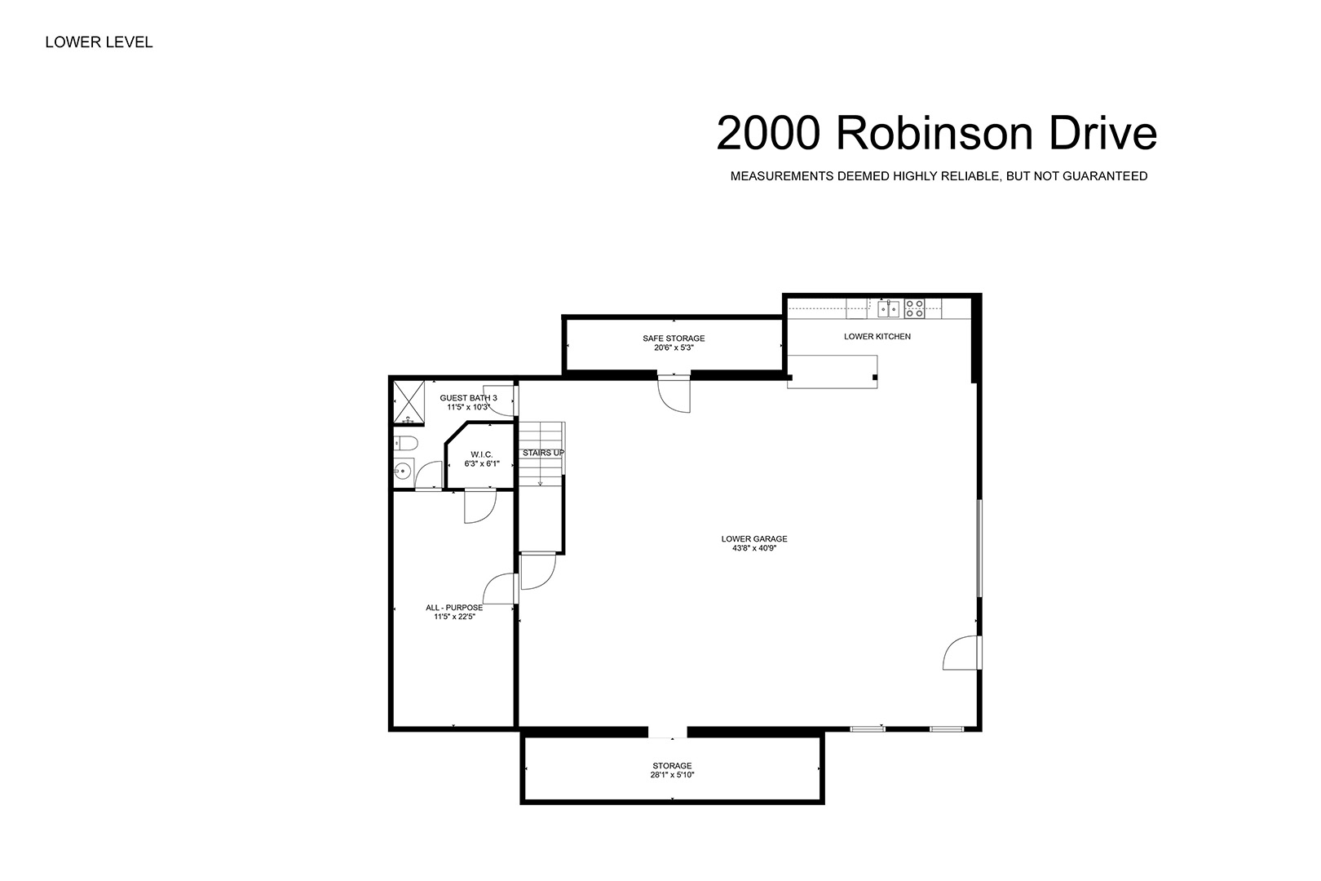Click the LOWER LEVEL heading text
[x=99, y=42]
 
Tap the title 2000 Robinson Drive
[x=936, y=134]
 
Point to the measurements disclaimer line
[x=939, y=176]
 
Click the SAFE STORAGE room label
[x=674, y=338]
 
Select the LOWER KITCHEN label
[x=877, y=336]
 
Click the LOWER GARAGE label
[x=754, y=538]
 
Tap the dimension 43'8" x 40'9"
[x=754, y=548]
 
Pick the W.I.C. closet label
[x=482, y=454]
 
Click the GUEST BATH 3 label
[x=468, y=398]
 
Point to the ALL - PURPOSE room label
[x=454, y=608]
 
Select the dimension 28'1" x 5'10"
[x=672, y=776]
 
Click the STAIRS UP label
[x=543, y=453]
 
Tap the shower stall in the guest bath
[x=409, y=402]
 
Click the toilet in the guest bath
[x=406, y=443]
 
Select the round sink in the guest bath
[x=403, y=471]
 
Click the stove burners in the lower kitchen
[x=915, y=308]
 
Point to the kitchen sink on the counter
[x=889, y=308]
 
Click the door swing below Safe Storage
[x=674, y=393]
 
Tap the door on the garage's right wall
[x=962, y=653]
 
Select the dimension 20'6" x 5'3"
[x=674, y=348]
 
